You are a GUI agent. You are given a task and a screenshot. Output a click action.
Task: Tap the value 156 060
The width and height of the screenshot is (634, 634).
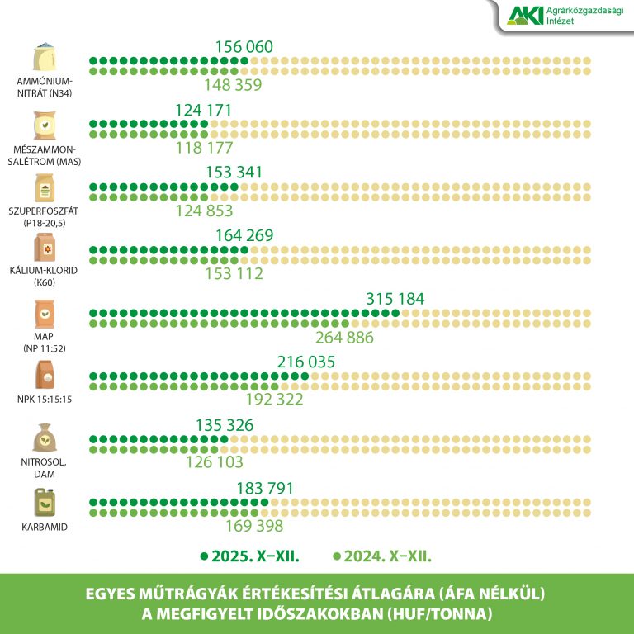244,47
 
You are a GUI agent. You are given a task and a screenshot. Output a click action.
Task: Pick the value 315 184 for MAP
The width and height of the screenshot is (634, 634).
395,298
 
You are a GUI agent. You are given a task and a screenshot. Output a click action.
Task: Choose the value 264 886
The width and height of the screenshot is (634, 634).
345,337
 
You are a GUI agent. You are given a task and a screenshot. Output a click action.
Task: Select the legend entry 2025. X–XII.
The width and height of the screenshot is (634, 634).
249,556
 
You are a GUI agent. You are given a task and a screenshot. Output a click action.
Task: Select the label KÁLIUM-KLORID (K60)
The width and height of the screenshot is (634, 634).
45,276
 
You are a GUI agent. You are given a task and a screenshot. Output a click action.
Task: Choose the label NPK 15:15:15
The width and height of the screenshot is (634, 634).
45,400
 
